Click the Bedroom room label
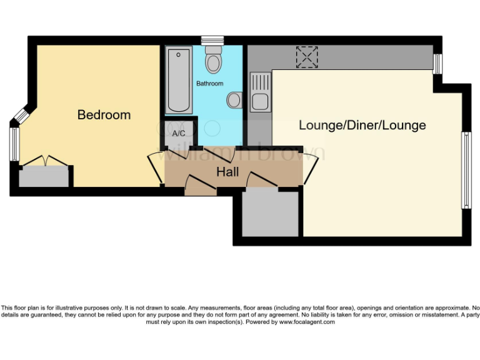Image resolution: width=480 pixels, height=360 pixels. coord(104,115)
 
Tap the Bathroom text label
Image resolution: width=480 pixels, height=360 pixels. coord(209,83)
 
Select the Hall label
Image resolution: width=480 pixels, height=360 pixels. coord(227,171)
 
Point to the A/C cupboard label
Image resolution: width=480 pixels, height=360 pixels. coord(178,133)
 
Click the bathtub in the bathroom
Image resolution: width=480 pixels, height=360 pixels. coord(179,80)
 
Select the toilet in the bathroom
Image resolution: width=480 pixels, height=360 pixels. coord(214,60)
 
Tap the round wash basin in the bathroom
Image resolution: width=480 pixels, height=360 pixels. coord(235,100)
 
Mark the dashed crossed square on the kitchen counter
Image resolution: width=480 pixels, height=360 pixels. coord(307,57)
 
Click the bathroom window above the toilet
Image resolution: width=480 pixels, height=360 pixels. coord(213,40)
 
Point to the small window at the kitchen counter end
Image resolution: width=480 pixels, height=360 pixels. coord(437,63)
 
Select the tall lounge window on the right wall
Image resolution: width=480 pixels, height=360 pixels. coord(465,170)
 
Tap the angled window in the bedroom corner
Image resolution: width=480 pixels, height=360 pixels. coord(22,115)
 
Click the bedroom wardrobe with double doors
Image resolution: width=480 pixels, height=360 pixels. coord(44,176)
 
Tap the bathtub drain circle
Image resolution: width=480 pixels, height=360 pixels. coord(179,55)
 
